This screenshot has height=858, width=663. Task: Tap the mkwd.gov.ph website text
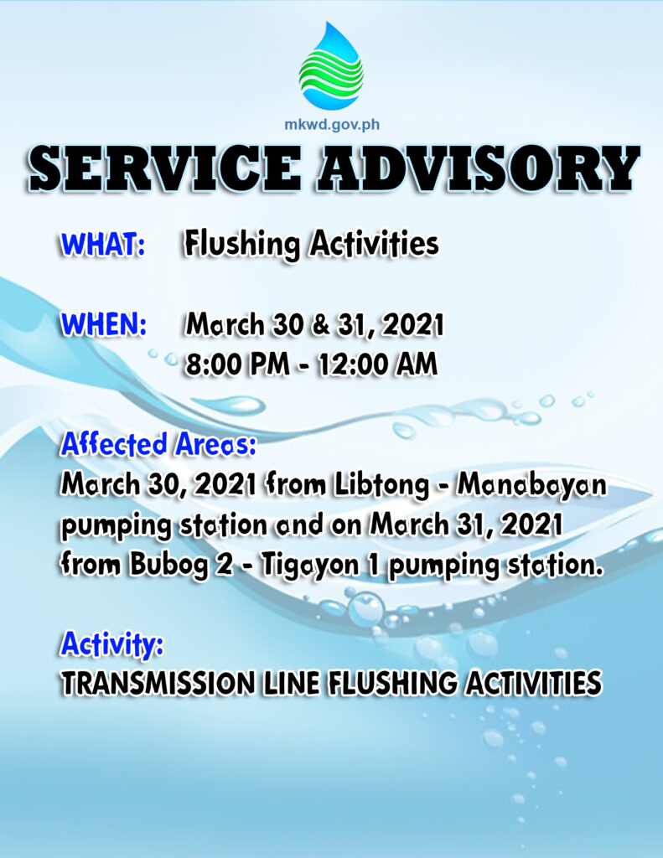pyautogui.click(x=332, y=124)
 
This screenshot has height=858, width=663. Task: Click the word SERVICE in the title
pyautogui.click(x=164, y=168)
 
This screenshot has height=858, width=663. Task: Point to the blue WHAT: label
pyautogui.click(x=103, y=245)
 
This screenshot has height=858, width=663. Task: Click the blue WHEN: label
pyautogui.click(x=103, y=324)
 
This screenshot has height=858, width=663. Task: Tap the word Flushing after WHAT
pyautogui.click(x=241, y=244)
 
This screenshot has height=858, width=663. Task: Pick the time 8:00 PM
pyautogui.click(x=237, y=365)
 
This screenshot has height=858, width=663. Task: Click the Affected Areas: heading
pyautogui.click(x=158, y=444)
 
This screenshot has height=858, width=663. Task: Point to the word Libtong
pyautogui.click(x=381, y=485)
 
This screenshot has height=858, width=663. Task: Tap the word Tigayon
pyautogui.click(x=310, y=566)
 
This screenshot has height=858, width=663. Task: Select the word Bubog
pyautogui.click(x=169, y=566)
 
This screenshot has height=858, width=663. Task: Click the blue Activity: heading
pyautogui.click(x=111, y=643)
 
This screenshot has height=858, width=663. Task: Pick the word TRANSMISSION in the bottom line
pyautogui.click(x=158, y=684)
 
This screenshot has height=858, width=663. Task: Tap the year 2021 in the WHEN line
pyautogui.click(x=413, y=325)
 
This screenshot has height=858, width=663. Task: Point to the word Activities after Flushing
pyautogui.click(x=374, y=244)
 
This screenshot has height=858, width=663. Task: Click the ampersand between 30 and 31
pyautogui.click(x=321, y=325)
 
